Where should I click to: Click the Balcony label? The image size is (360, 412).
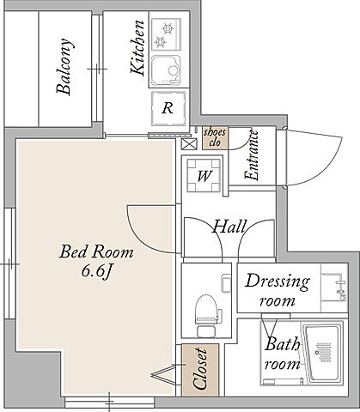[x=64, y=66]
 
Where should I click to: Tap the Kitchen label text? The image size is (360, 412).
[x=137, y=48]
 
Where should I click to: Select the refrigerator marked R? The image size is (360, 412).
[x=168, y=108]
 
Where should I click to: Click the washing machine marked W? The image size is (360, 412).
[x=204, y=175]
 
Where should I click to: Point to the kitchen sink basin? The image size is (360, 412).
[x=166, y=70]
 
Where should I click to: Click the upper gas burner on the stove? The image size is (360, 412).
[x=168, y=28]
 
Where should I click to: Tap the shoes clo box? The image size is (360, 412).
[x=215, y=138]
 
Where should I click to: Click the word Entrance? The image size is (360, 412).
[x=252, y=155]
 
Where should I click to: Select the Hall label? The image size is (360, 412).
[x=229, y=227]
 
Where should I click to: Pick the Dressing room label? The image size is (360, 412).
[x=278, y=290]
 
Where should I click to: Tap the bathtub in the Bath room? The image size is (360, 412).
[x=323, y=353]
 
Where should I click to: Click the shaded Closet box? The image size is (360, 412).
[x=200, y=370]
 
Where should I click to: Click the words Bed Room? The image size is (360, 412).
[x=96, y=251]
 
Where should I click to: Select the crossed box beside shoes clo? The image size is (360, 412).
[x=190, y=143]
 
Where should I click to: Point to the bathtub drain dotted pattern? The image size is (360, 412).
[x=322, y=352]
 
